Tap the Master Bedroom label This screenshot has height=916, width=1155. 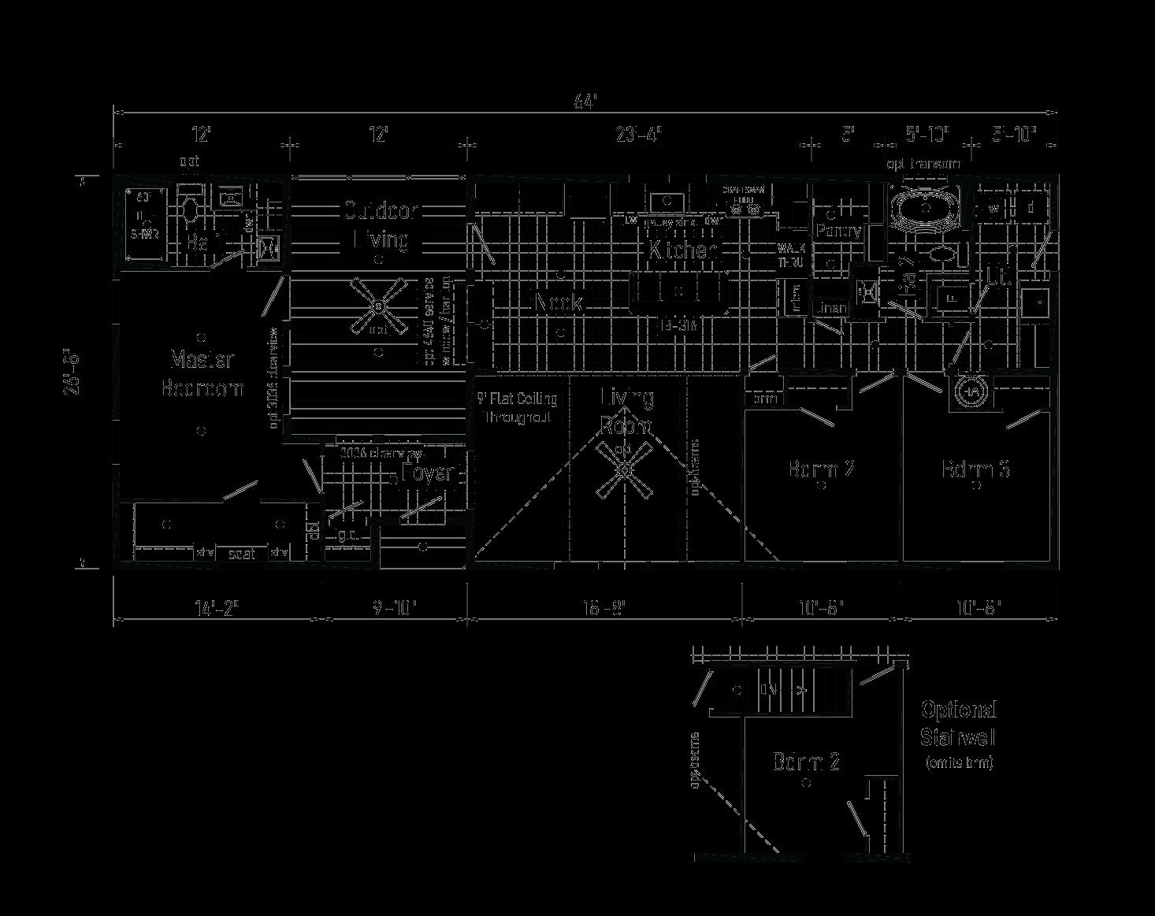[x=202, y=373]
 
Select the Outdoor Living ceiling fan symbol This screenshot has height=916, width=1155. [x=379, y=306]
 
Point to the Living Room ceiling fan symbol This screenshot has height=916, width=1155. [x=625, y=470]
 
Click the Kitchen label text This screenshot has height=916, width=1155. [x=682, y=250]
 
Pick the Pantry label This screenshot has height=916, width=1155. [x=839, y=232]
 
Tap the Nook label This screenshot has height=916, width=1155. [x=559, y=302]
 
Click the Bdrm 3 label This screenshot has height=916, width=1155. [x=976, y=469]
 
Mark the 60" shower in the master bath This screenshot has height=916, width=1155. [x=145, y=224]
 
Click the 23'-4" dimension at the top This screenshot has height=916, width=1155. [x=638, y=135]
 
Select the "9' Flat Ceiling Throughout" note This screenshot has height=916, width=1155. [x=518, y=408]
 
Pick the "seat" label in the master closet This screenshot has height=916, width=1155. [x=242, y=554]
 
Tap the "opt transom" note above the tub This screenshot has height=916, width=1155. [x=924, y=164]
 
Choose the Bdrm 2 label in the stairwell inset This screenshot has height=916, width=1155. [x=806, y=762]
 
